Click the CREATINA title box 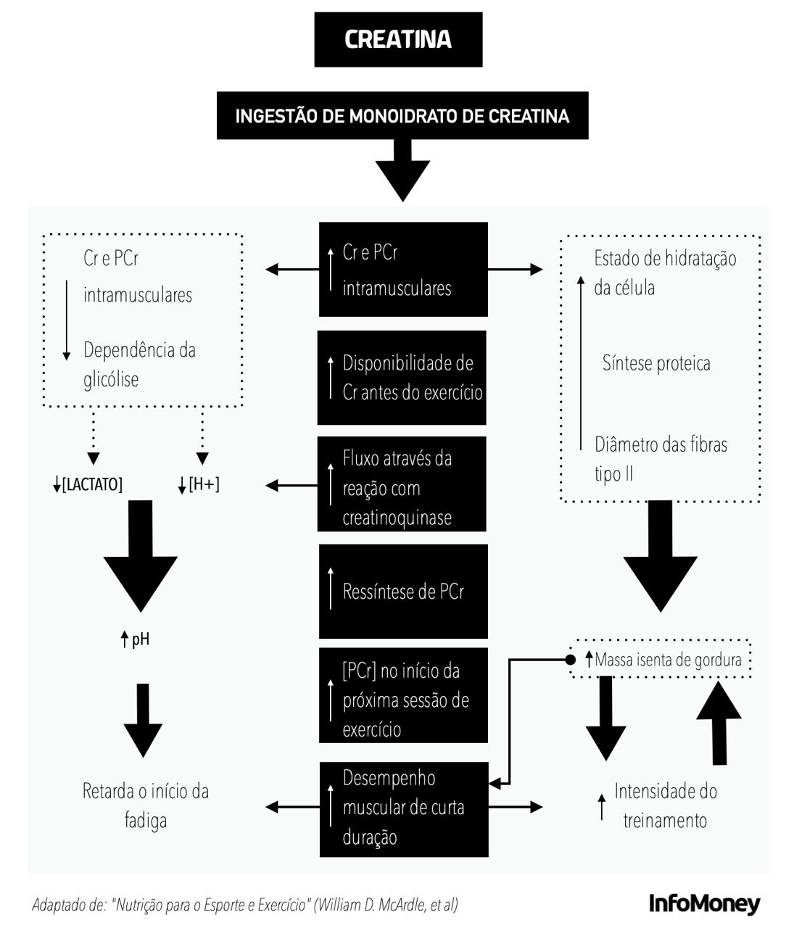point(398,39)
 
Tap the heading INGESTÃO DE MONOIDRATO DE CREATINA point(402,115)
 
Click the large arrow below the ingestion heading point(402,171)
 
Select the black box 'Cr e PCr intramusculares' point(403,270)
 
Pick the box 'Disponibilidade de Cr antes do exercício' point(402,378)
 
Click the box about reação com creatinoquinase point(402,484)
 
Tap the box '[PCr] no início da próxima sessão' point(403,696)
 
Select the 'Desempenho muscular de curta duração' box point(404,808)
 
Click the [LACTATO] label point(88,484)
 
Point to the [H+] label point(199,484)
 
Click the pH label point(136,639)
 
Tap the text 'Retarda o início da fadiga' point(145,805)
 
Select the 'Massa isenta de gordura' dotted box point(660,660)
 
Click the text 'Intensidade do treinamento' point(665,805)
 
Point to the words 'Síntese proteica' point(656,363)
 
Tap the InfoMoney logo point(704,903)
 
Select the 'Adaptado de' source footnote point(245,905)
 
